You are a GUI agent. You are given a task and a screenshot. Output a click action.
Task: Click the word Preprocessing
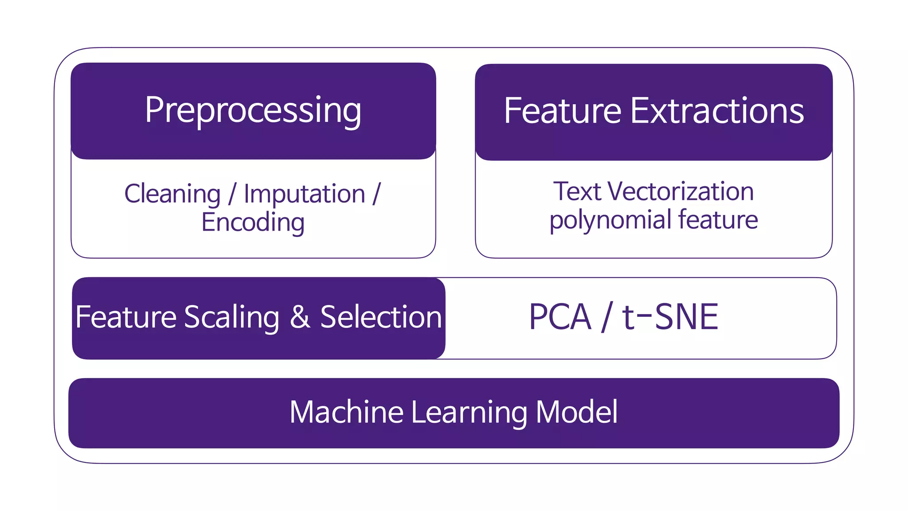[x=253, y=111]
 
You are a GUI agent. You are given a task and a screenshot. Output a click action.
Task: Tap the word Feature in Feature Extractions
[x=562, y=111]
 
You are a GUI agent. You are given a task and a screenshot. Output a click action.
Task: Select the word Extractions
[x=716, y=111]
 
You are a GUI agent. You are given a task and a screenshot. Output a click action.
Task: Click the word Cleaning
[x=172, y=194]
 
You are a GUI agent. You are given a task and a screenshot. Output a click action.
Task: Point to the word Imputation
[x=304, y=194]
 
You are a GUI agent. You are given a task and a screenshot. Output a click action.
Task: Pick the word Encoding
[x=253, y=222]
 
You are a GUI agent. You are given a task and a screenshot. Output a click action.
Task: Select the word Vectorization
[x=680, y=192]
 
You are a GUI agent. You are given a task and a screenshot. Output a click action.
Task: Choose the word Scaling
[x=231, y=318]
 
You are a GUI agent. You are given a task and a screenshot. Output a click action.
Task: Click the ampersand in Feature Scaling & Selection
[x=300, y=318]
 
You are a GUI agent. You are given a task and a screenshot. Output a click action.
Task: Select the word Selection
[x=381, y=318]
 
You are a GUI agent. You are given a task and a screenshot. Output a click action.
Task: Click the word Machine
[x=346, y=412]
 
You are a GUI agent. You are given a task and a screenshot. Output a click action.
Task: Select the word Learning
[x=469, y=413]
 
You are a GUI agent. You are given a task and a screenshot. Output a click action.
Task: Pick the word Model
[x=576, y=412]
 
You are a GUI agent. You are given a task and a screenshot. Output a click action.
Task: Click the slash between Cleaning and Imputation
[x=232, y=194]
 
